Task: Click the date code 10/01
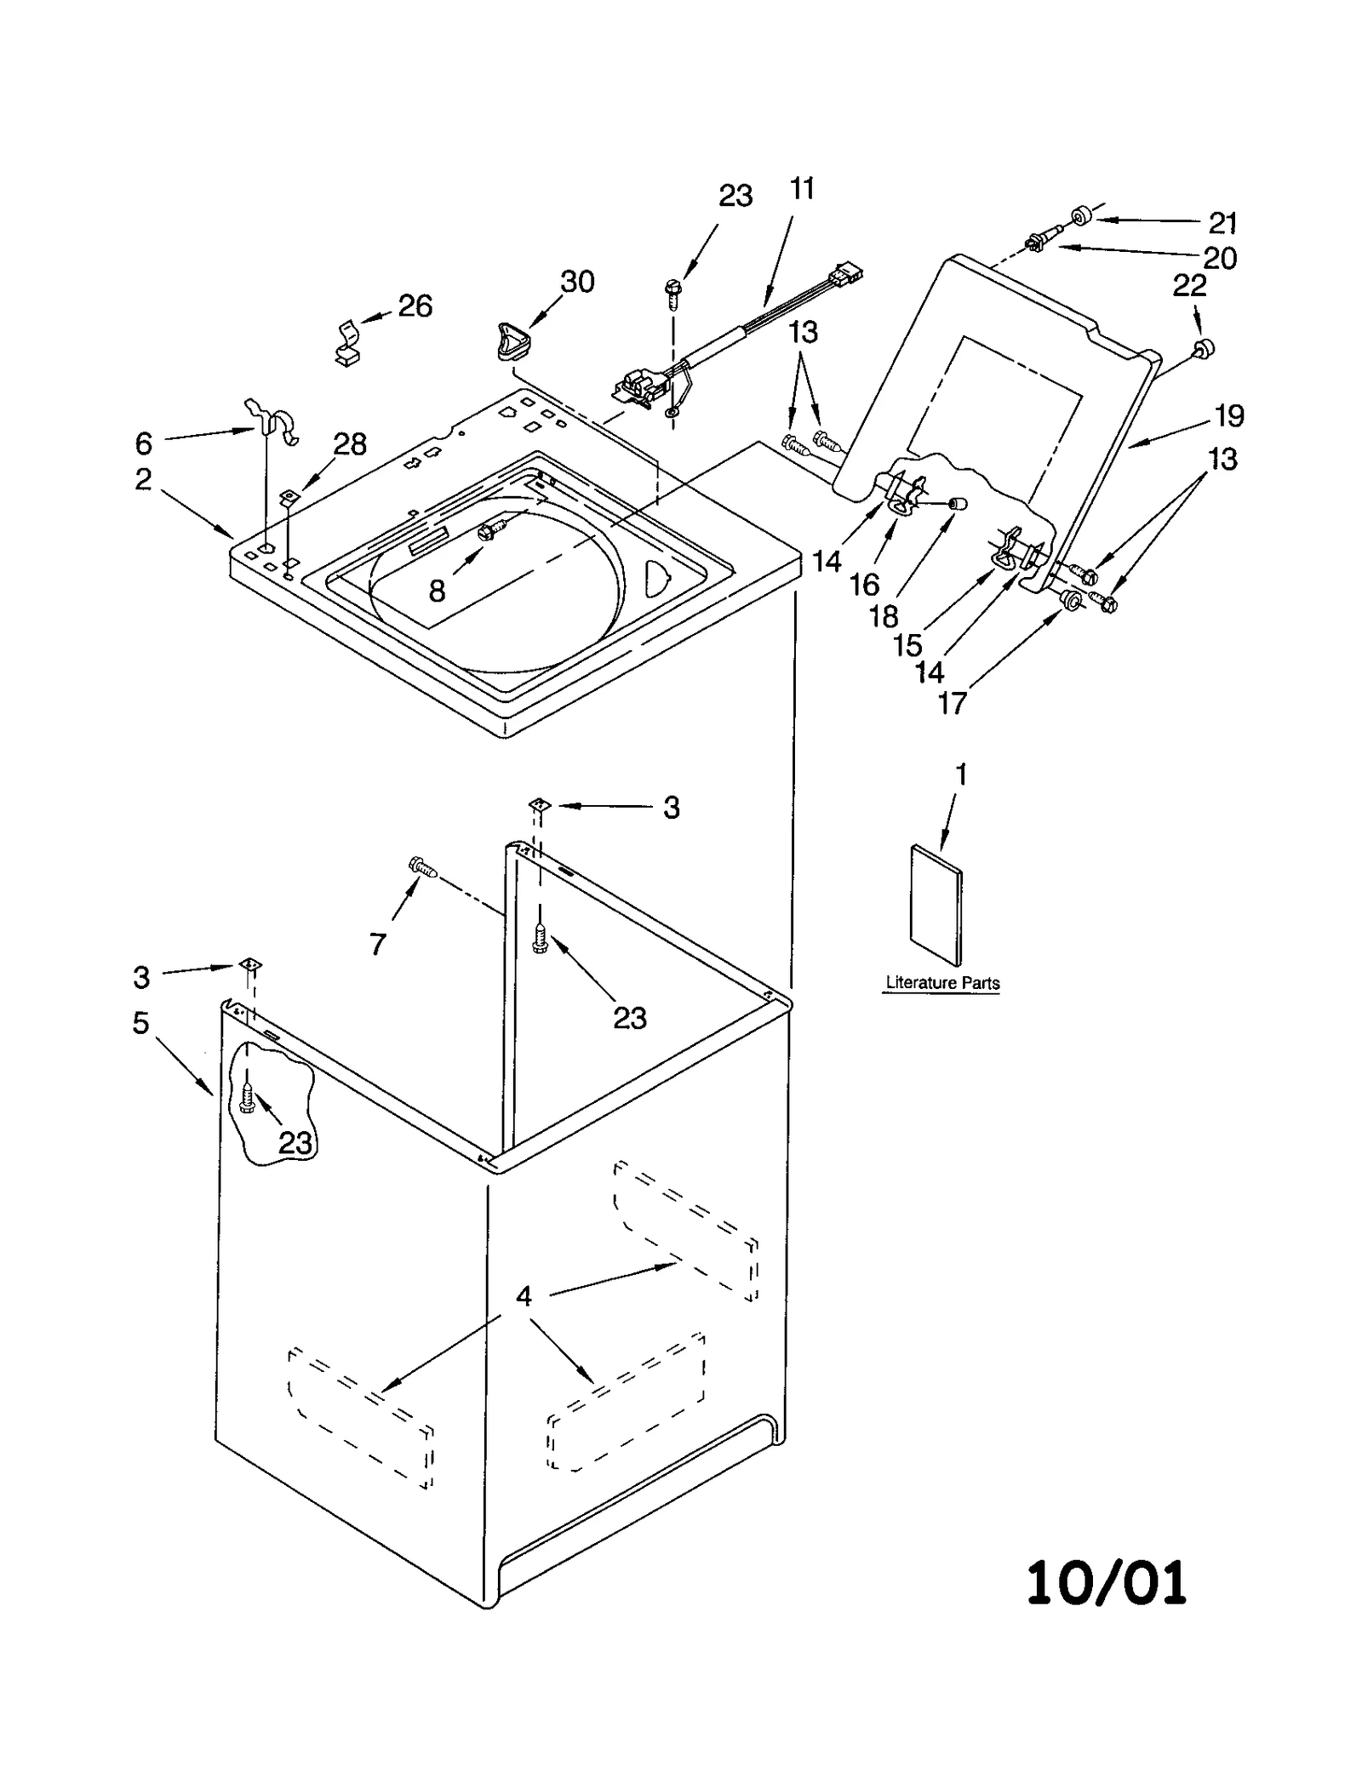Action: [1106, 1583]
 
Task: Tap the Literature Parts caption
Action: [942, 982]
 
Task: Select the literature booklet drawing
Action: [936, 907]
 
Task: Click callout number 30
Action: [577, 282]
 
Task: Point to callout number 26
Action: [415, 306]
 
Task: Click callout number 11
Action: [802, 188]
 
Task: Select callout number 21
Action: [1222, 223]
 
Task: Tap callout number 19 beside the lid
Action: [1228, 416]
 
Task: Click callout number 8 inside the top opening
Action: [437, 591]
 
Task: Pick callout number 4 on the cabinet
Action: [524, 1296]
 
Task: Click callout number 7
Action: [378, 943]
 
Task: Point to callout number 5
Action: [141, 1022]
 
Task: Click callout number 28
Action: [349, 443]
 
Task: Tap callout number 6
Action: [144, 443]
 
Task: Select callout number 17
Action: [952, 703]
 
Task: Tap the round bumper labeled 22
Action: [1203, 347]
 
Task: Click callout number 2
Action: [143, 479]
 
